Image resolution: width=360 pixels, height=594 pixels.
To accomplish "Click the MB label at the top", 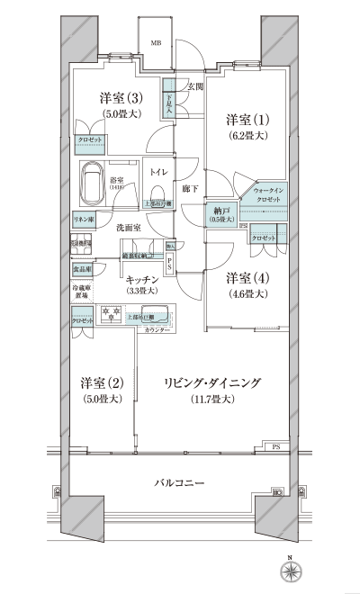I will click(156, 42).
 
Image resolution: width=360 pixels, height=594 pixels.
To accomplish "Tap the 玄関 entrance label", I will click(195, 86).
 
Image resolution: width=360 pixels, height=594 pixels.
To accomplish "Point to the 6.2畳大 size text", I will click(245, 136).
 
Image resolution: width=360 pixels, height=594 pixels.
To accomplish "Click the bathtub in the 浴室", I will click(92, 184).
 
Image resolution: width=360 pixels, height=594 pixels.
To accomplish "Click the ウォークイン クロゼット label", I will click(270, 195).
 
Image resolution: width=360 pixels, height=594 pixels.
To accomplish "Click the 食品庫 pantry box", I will click(82, 269).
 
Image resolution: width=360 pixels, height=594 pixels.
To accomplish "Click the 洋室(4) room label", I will click(245, 277).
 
